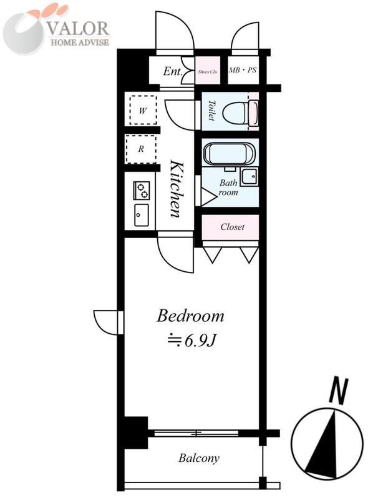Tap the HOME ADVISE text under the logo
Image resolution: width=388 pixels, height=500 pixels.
(79, 42)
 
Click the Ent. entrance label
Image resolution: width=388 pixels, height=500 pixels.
(172, 71)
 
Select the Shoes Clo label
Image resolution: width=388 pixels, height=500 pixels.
(208, 72)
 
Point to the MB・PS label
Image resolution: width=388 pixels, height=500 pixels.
(242, 71)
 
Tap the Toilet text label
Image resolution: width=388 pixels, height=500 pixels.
(211, 111)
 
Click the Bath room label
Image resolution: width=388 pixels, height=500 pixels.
(228, 188)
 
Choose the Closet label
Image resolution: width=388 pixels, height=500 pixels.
(232, 227)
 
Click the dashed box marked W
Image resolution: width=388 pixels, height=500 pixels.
(142, 111)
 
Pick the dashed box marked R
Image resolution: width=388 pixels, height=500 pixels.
(142, 149)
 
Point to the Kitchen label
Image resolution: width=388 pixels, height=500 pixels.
(177, 189)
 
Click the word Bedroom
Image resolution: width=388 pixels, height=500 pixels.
(190, 316)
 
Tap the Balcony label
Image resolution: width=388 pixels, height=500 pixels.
(199, 458)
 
